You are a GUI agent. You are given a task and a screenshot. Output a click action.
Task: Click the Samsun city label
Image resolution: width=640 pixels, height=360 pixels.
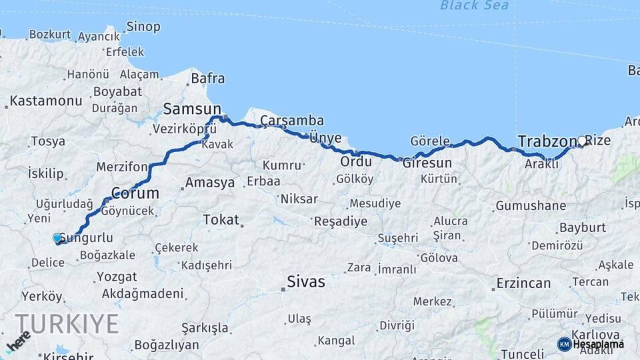click(192, 109)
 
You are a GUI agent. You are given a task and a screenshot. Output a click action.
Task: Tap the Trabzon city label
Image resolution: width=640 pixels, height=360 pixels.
click(546, 141)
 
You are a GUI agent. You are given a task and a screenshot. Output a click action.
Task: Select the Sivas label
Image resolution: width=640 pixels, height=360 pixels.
click(306, 282)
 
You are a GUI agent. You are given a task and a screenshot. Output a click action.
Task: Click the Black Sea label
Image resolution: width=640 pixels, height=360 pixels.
click(474, 6)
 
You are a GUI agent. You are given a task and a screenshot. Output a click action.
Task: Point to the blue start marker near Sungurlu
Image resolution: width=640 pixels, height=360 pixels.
click(57, 238)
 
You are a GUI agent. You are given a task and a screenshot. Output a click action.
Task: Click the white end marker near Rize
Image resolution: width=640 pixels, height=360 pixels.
click(582, 141)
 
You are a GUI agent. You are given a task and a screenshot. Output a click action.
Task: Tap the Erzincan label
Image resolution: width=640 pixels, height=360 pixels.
click(523, 283)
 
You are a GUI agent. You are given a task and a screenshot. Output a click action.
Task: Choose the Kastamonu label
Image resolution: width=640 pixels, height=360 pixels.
click(46, 101)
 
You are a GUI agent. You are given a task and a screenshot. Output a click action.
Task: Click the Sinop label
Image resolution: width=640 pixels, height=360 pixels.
click(143, 27)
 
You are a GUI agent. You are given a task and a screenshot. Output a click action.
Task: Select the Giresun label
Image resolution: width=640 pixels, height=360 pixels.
click(427, 163)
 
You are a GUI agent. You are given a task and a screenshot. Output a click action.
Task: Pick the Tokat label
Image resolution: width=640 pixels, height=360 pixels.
click(221, 219)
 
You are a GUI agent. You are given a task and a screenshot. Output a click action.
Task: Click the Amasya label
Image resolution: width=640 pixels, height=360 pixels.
click(210, 182)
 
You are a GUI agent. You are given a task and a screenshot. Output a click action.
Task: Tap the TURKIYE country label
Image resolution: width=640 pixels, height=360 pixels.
click(67, 324)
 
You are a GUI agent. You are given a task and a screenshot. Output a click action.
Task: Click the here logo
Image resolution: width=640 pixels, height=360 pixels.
click(18, 341)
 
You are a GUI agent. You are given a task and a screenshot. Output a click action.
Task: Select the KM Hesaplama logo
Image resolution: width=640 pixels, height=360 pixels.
click(591, 344)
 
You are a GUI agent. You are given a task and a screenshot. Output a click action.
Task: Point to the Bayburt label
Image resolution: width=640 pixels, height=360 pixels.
click(583, 227)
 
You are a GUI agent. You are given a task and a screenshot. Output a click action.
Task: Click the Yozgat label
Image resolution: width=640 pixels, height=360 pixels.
click(117, 277)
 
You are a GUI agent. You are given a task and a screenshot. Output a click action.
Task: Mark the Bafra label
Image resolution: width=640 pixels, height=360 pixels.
click(207, 79)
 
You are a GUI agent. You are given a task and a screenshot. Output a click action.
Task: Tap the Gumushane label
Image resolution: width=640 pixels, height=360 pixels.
click(530, 206)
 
